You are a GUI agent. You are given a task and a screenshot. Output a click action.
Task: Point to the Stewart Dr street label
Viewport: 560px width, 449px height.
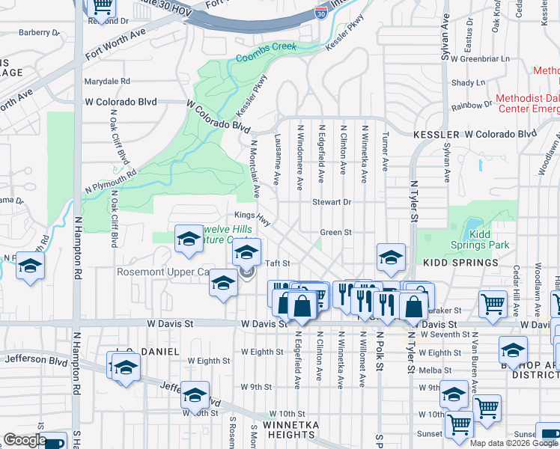(332, 202)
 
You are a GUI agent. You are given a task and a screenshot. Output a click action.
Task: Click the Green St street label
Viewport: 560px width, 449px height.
(335, 233)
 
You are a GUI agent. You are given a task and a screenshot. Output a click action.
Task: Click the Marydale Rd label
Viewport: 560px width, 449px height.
(107, 82)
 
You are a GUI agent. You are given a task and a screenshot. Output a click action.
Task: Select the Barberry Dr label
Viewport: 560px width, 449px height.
(39, 33)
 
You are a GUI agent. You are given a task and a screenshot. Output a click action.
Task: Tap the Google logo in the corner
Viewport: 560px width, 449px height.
(25, 440)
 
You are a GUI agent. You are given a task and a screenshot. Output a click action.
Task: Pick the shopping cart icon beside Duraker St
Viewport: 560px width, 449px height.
(493, 303)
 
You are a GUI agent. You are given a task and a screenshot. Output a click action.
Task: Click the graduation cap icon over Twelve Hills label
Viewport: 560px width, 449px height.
(189, 239)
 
